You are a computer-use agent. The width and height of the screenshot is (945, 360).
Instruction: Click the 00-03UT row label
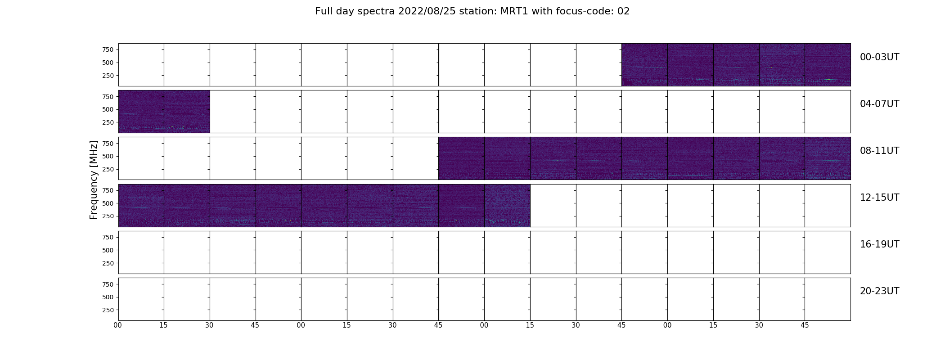coord(879,57)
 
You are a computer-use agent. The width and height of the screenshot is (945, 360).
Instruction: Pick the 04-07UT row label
coord(879,104)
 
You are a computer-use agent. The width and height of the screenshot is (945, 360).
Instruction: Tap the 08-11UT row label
coord(879,151)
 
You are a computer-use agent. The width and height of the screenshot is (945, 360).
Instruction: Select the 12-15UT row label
coord(879,198)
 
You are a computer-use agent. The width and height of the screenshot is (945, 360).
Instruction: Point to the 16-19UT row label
coord(879,244)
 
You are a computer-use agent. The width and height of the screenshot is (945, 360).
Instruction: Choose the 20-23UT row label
coord(879,291)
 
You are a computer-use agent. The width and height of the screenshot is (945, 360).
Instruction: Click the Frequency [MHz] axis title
coord(94,180)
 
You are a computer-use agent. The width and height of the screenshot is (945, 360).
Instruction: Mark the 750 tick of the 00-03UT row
coord(108,49)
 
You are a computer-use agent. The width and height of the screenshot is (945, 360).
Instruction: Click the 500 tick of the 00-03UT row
coord(108,63)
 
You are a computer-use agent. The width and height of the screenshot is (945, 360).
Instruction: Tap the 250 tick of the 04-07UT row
coord(108,122)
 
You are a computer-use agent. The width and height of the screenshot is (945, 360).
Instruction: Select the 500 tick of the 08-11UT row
coord(108,156)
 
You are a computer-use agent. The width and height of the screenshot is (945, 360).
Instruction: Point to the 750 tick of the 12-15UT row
coord(108,190)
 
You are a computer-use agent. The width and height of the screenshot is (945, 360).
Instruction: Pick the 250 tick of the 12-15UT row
coord(108,216)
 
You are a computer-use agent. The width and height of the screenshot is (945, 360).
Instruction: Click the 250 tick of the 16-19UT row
coord(108,263)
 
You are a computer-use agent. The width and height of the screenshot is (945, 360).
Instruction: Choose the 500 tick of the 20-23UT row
coord(108,297)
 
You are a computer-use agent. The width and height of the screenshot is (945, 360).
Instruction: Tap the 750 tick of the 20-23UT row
coord(108,284)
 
